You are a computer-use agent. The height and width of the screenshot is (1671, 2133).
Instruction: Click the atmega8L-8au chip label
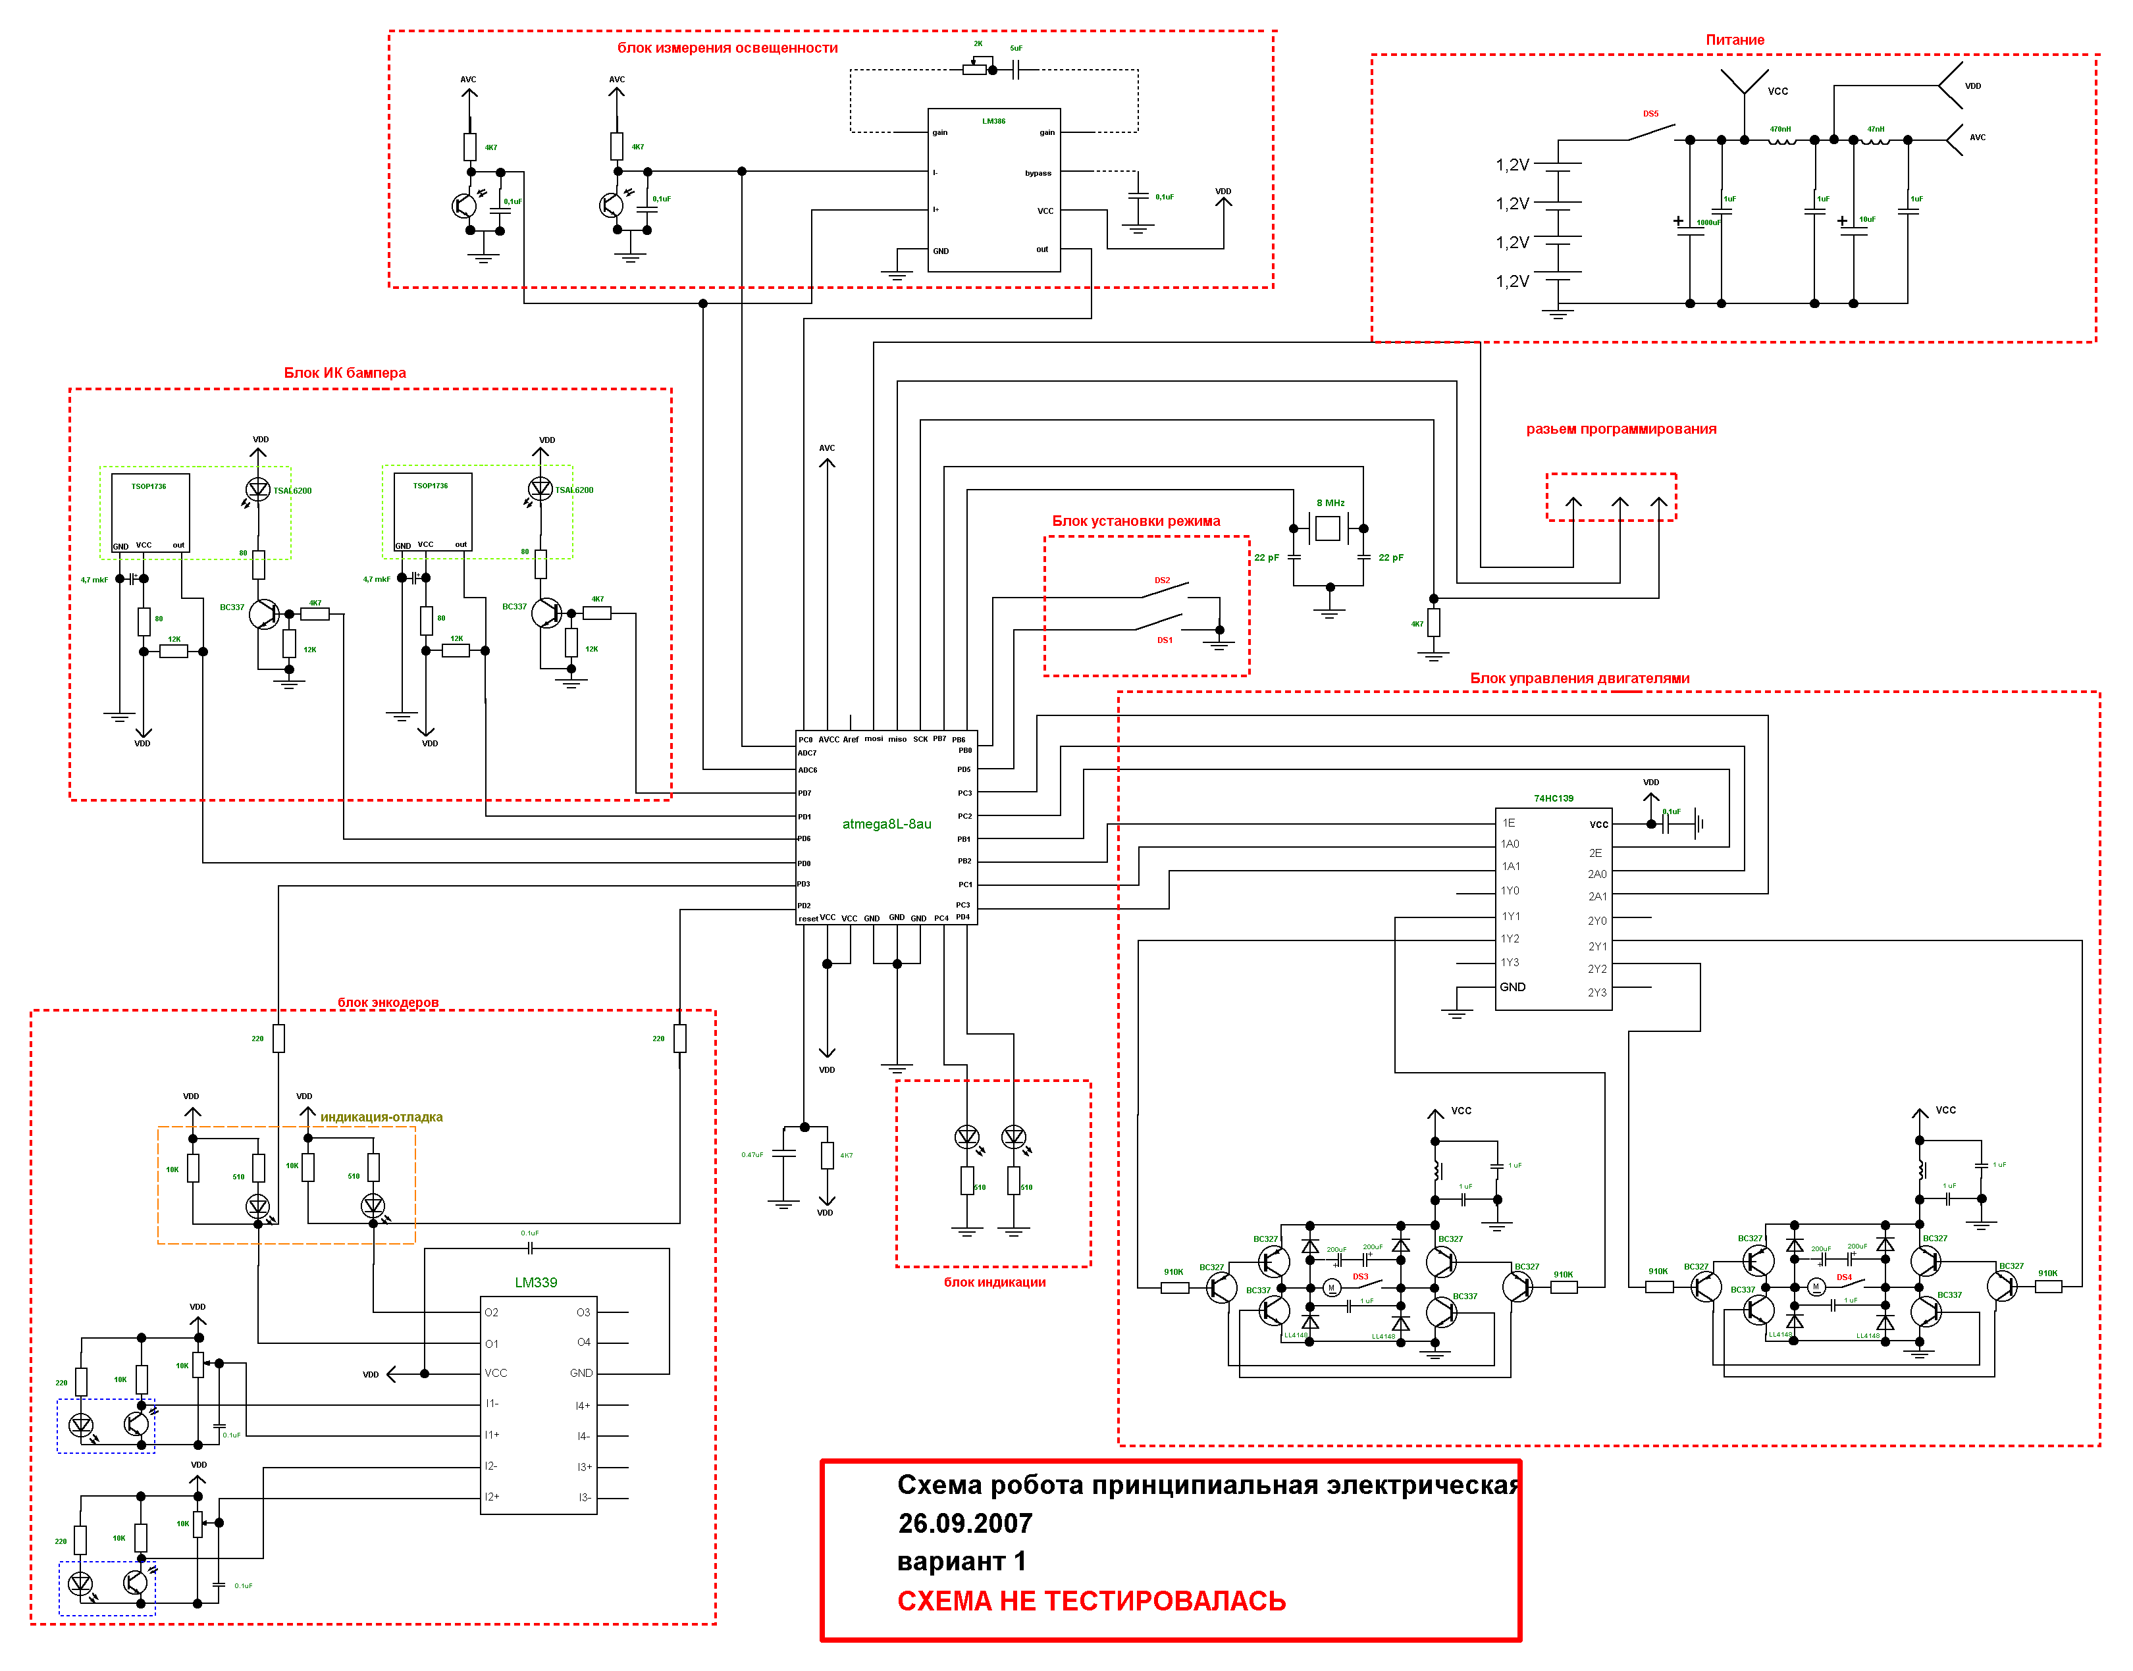[x=887, y=824]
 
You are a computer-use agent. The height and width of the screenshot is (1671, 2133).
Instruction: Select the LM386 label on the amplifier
[x=993, y=121]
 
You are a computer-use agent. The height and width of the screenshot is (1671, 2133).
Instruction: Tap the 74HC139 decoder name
[x=1553, y=798]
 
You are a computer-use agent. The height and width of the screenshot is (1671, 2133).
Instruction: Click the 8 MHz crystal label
[x=1330, y=503]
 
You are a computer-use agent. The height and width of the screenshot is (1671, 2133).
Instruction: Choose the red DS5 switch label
[x=1650, y=113]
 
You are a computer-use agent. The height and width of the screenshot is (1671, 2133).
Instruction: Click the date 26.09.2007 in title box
[x=964, y=1524]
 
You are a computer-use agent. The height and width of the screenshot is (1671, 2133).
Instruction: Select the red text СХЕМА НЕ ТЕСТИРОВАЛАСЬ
[x=1091, y=1601]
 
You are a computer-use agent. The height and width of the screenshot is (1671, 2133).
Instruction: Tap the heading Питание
[x=1735, y=40]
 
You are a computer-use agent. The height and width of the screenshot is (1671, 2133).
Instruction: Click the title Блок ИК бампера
[x=344, y=373]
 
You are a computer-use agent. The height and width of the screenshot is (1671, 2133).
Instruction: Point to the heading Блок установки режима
[x=1136, y=521]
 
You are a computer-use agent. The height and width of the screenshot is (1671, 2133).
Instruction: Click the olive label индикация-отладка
[x=382, y=1118]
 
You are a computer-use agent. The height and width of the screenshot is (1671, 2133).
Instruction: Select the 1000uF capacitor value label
[x=1707, y=223]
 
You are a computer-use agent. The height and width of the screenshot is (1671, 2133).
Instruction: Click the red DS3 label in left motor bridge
[x=1360, y=1277]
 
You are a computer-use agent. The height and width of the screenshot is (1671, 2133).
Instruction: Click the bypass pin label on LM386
[x=1038, y=173]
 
